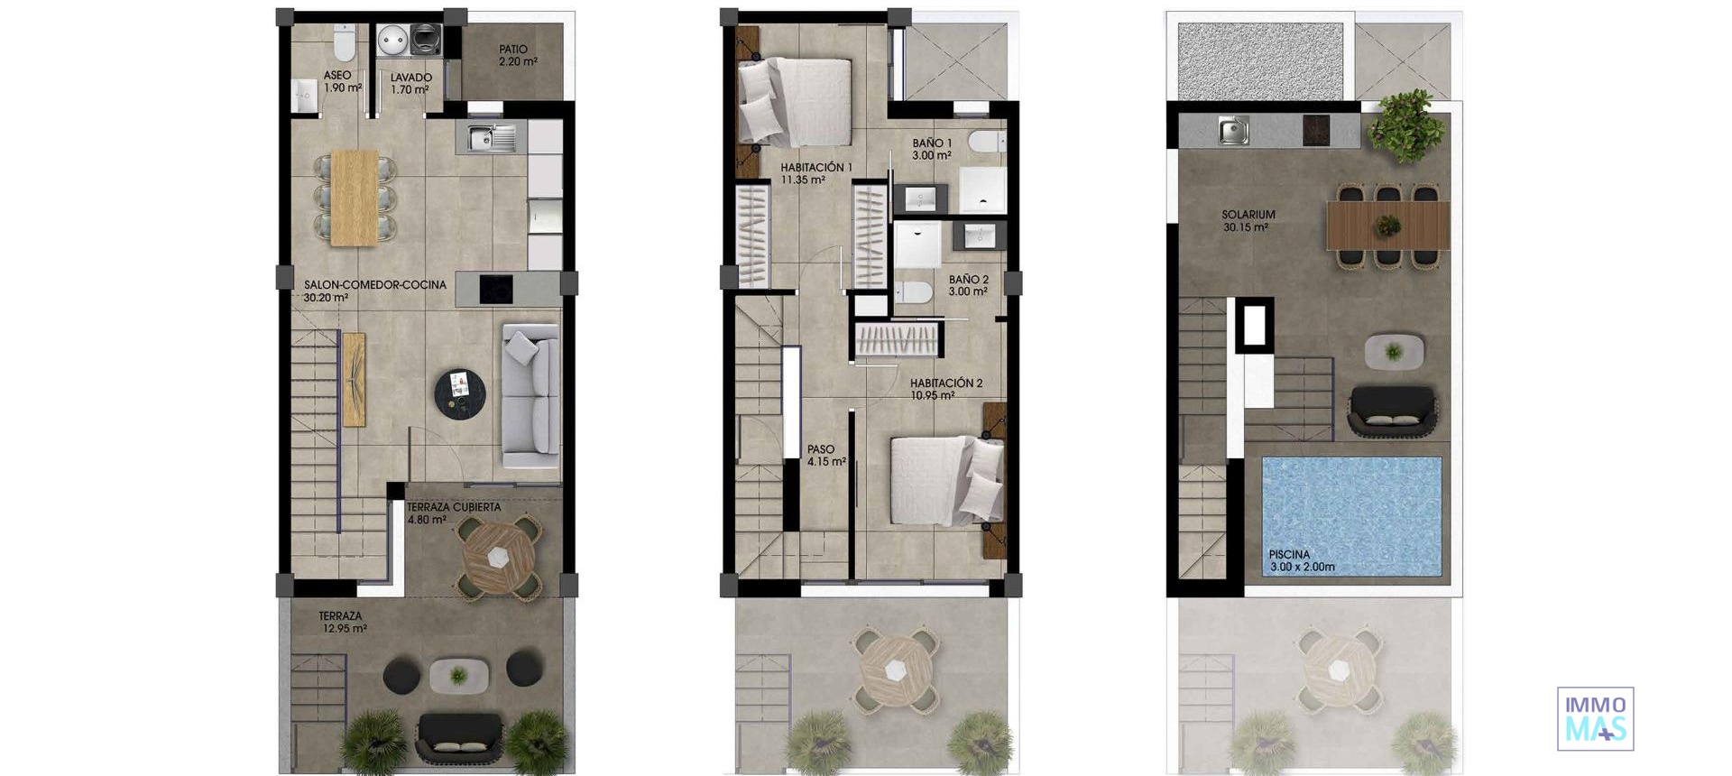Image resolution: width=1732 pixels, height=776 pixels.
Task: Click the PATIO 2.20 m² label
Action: click(518, 56)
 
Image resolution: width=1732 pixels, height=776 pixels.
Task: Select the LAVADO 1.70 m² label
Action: click(410, 84)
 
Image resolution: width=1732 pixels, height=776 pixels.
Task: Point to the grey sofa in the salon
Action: click(530, 395)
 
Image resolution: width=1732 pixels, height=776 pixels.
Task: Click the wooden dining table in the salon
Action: click(354, 198)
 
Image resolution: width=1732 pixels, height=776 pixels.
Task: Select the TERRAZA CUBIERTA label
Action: click(453, 513)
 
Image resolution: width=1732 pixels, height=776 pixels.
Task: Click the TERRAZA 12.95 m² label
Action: click(342, 623)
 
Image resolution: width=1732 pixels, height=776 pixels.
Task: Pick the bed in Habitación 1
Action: click(796, 102)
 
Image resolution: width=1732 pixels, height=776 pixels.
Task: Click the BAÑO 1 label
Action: click(932, 149)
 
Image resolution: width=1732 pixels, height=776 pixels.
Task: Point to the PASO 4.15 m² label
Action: click(825, 456)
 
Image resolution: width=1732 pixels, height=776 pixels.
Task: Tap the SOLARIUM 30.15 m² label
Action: click(1248, 221)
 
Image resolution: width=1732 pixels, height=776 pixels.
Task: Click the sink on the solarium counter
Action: click(1233, 131)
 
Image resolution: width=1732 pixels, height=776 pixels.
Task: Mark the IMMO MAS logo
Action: click(1595, 719)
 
